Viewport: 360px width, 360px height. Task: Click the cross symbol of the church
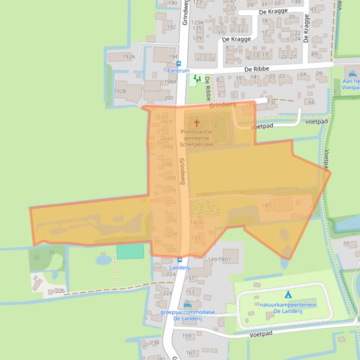197,123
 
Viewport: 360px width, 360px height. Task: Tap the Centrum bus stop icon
178,64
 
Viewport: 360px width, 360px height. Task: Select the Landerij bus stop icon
180,260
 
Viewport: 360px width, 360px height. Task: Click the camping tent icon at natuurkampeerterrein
288,295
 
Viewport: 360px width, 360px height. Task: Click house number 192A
128,57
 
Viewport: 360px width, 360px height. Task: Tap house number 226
60,291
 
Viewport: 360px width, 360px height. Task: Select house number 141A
197,223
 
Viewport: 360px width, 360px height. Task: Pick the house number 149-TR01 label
219,259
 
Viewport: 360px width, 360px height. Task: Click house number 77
346,244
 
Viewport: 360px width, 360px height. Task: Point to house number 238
154,343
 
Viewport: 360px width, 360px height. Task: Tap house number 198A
170,82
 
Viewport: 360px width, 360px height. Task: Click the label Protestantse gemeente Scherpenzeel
197,138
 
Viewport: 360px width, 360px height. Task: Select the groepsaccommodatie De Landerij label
187,315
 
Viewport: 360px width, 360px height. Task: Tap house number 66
312,102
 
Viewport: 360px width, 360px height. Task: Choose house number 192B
120,91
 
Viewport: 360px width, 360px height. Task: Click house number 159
187,336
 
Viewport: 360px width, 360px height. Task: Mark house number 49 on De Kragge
314,54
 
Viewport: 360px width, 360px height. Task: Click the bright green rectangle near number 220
130,251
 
